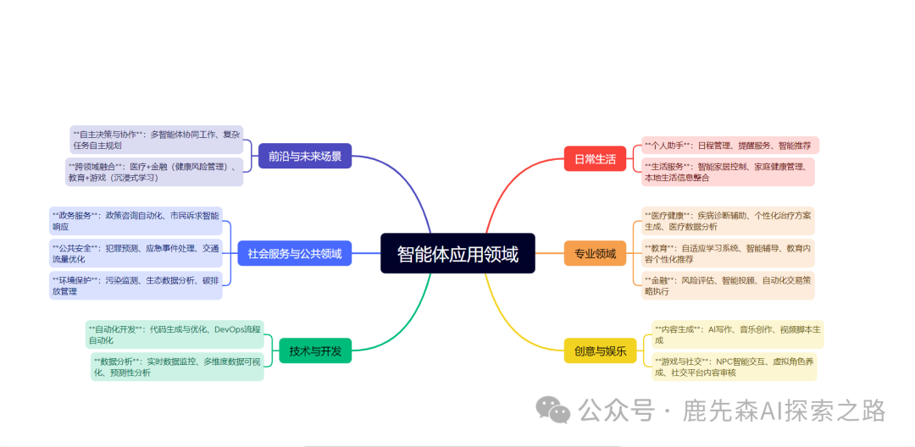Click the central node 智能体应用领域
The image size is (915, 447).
click(x=457, y=253)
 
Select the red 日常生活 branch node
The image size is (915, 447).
click(x=595, y=158)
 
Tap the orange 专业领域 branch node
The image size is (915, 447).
click(x=595, y=253)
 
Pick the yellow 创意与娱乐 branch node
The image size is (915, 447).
click(x=600, y=350)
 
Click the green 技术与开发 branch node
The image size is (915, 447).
click(x=315, y=350)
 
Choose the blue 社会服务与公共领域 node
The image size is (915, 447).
click(x=295, y=253)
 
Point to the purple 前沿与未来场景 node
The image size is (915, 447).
click(x=305, y=156)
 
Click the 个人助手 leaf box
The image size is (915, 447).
click(x=729, y=146)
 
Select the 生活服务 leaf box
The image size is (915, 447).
click(x=728, y=172)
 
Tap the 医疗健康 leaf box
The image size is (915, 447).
click(x=728, y=221)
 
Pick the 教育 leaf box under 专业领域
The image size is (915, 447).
click(x=728, y=253)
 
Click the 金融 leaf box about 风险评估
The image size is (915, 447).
click(x=728, y=285)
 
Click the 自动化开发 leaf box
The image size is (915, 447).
click(x=175, y=334)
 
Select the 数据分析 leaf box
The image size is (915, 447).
click(x=178, y=367)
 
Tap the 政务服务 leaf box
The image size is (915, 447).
click(x=136, y=221)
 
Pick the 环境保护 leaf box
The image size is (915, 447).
click(x=136, y=285)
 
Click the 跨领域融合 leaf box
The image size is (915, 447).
click(x=154, y=172)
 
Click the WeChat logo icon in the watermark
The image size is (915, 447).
click(x=557, y=411)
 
